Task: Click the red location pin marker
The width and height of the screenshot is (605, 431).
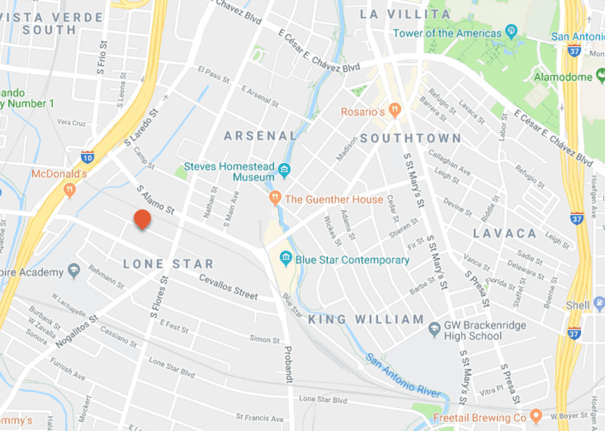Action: (x=143, y=220)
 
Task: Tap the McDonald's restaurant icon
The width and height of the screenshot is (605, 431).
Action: (x=70, y=189)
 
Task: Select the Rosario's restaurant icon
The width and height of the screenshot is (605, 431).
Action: (x=394, y=111)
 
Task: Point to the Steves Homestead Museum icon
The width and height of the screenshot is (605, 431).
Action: (x=284, y=169)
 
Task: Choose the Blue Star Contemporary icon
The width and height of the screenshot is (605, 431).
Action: (x=286, y=258)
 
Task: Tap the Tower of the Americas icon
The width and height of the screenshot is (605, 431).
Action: (x=511, y=31)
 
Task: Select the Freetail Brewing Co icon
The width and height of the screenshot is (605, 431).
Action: (x=535, y=416)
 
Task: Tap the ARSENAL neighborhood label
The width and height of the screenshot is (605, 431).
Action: (x=260, y=135)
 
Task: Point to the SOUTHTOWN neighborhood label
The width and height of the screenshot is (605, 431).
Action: (x=411, y=138)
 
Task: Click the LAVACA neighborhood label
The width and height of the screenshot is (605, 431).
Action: (x=505, y=233)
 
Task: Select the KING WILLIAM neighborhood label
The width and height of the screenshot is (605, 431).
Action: (x=366, y=320)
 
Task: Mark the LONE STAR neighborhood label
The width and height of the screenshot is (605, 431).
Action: (x=168, y=264)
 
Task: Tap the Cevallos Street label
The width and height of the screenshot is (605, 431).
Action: (x=228, y=287)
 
